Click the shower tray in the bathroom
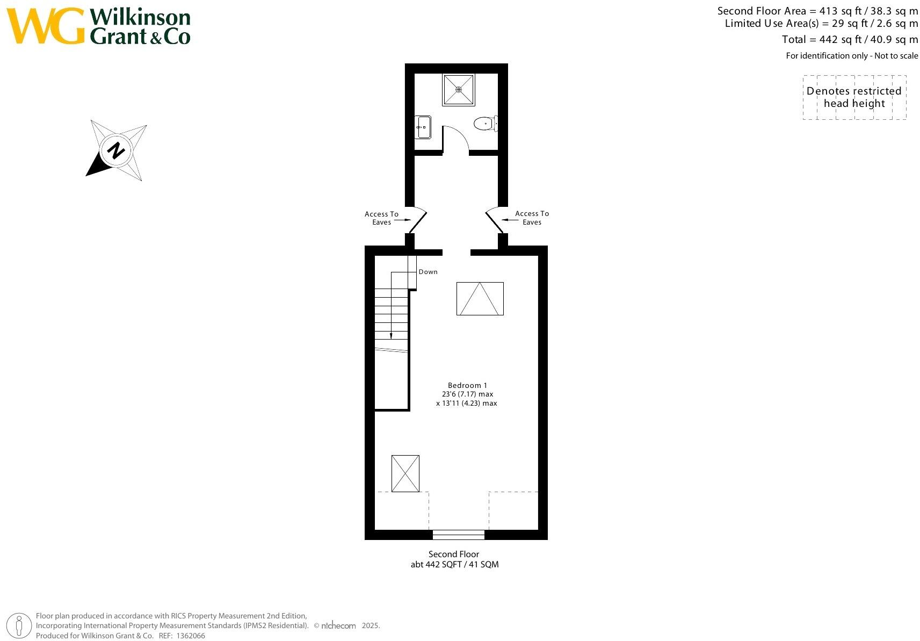[x=458, y=90]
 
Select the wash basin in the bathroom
[x=423, y=127]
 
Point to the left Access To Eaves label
[x=381, y=218]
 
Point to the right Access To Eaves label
[x=532, y=218]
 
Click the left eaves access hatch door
[x=418, y=221]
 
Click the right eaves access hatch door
[x=494, y=221]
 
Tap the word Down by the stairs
[x=428, y=272]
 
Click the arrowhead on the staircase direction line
[x=391, y=335]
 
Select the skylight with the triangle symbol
[x=480, y=299]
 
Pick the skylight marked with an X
[x=405, y=473]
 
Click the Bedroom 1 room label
[x=467, y=385]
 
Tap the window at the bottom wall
[x=458, y=535]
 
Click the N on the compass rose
[x=115, y=150]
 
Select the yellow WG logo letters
[x=46, y=26]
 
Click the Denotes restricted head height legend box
[x=854, y=97]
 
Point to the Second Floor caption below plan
[x=454, y=554]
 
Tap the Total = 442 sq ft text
[x=821, y=39]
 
